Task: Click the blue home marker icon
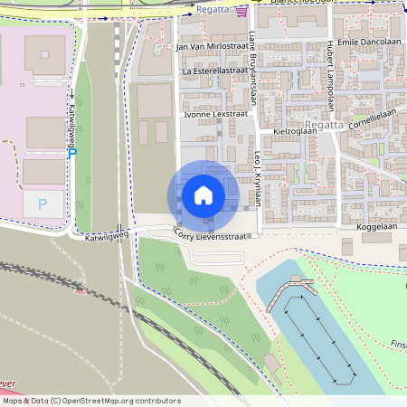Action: (203, 195)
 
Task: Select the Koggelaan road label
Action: (377, 227)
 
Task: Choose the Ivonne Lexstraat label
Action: (214, 115)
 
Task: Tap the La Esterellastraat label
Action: (214, 70)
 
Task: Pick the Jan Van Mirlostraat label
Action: (211, 46)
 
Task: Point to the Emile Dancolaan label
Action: (366, 43)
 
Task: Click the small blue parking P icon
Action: (72, 153)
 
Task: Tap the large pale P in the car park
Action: (42, 204)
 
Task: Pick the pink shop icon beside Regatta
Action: (241, 12)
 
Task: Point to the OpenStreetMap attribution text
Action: (91, 401)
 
